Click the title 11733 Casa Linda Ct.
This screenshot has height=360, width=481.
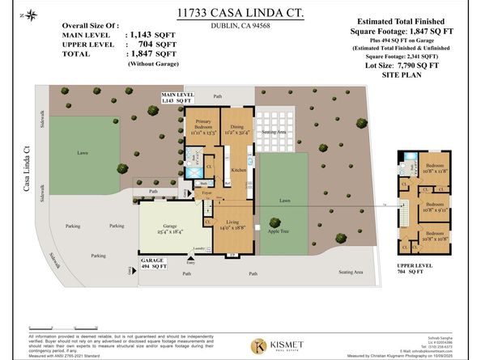[x=240, y=14]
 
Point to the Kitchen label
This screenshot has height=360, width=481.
[x=238, y=171]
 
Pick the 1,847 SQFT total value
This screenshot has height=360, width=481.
[x=147, y=53]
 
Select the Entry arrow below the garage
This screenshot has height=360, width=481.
[x=191, y=258]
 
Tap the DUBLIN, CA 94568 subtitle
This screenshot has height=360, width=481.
[x=240, y=26]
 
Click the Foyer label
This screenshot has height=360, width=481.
[x=207, y=194]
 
